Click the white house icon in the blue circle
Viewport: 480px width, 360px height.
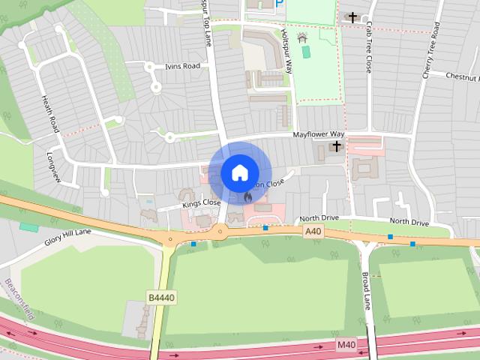click(x=239, y=172)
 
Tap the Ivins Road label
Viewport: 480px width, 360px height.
click(x=182, y=67)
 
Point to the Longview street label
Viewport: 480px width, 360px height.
click(x=52, y=166)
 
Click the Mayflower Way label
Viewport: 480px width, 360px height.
click(x=317, y=135)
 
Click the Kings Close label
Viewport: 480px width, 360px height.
click(x=200, y=203)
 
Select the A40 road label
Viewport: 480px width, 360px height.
click(x=313, y=232)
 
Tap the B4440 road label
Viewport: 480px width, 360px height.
click(x=160, y=298)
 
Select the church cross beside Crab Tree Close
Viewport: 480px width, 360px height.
click(x=352, y=16)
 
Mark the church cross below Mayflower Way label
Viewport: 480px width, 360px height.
click(x=337, y=145)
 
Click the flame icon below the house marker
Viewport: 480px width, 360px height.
click(x=247, y=196)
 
